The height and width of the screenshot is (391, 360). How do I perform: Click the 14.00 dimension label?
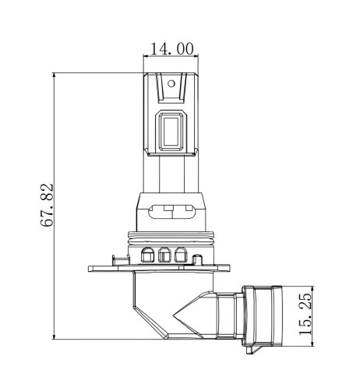pyautogui.click(x=172, y=48)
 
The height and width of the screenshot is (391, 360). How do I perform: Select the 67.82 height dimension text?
pyautogui.click(x=47, y=206)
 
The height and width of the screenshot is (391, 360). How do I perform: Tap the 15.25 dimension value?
pyautogui.click(x=305, y=314)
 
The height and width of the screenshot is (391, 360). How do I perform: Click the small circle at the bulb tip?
pyautogui.click(x=171, y=83)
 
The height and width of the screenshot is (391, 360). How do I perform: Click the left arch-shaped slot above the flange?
pyautogui.click(x=147, y=255)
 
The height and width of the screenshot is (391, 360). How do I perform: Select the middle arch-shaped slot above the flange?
pyautogui.click(x=164, y=255)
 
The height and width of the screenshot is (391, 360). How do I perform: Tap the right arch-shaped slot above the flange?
pyautogui.click(x=181, y=255)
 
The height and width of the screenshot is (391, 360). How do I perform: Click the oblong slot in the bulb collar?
pyautogui.click(x=171, y=212)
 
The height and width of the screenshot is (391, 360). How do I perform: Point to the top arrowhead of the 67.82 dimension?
pyautogui.click(x=54, y=76)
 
